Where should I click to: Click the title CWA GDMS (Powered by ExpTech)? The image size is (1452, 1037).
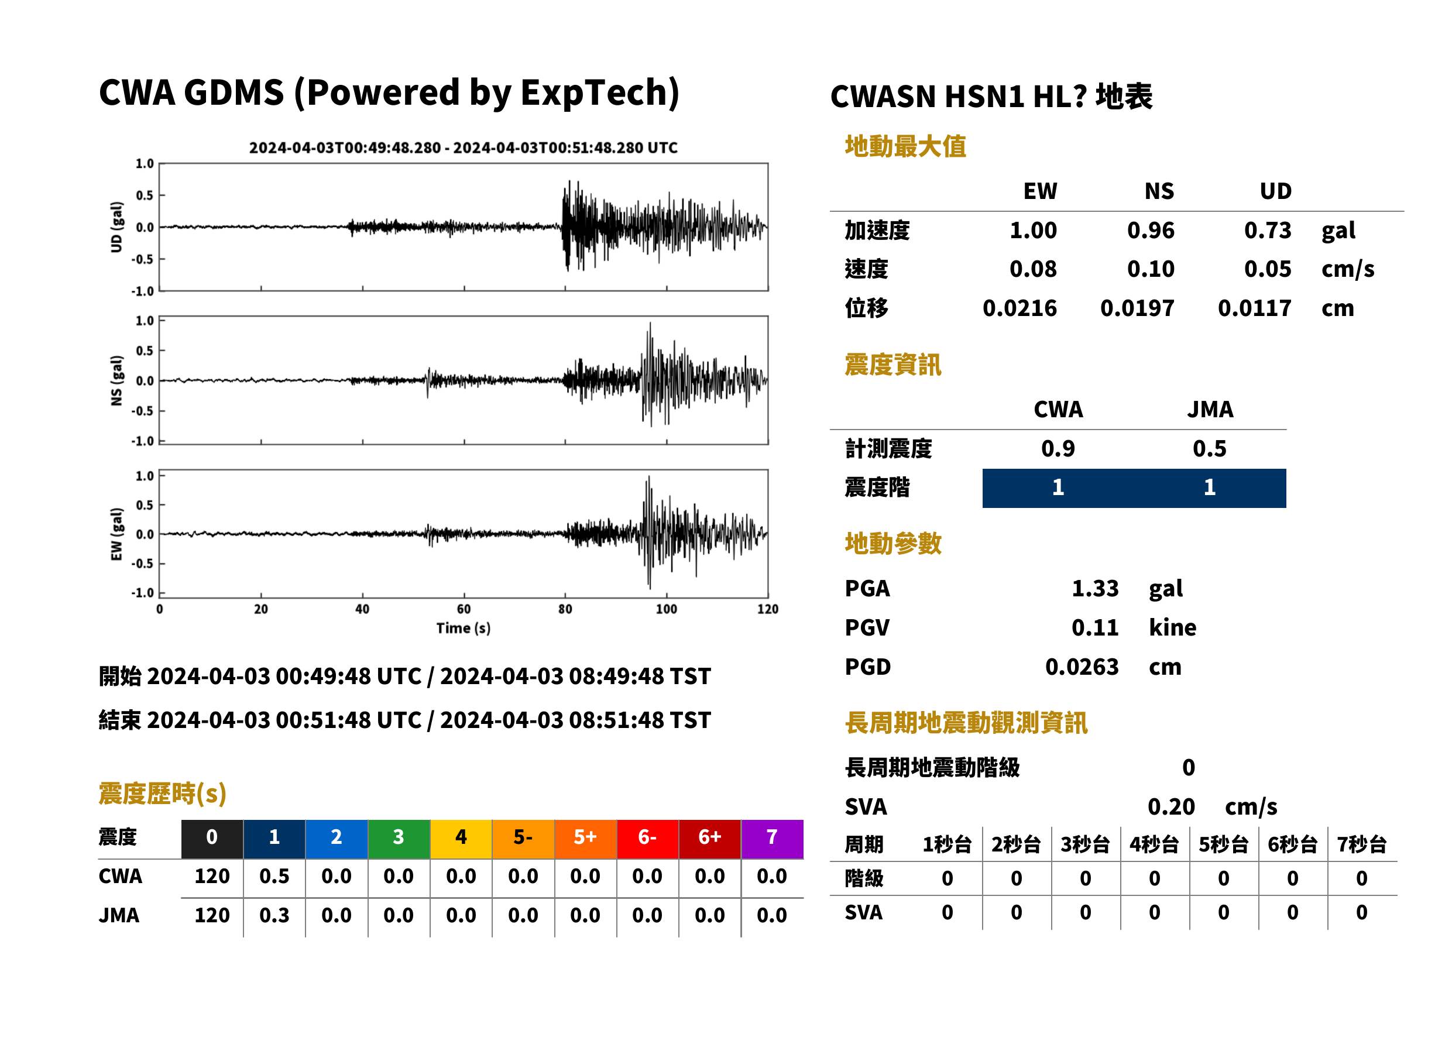(389, 93)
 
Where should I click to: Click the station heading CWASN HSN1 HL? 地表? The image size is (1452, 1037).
(991, 97)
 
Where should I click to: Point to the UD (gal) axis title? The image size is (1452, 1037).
(116, 227)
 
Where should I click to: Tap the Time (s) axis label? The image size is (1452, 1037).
(464, 629)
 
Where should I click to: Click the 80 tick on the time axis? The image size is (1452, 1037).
(565, 609)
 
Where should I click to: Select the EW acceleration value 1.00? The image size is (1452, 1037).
(1032, 231)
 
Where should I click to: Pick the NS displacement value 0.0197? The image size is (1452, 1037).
(1137, 308)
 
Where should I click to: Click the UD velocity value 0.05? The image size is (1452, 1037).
(1268, 269)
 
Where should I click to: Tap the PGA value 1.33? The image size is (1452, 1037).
(1095, 588)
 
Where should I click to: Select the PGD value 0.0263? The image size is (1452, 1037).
(1082, 667)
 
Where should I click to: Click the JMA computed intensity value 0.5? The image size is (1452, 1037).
(1209, 449)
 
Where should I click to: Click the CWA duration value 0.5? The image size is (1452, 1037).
(274, 877)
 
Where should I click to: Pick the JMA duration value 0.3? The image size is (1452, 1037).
(274, 916)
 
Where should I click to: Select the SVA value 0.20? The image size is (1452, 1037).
(1171, 807)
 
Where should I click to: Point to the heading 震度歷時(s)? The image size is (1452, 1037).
(163, 794)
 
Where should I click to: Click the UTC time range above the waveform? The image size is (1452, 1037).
(463, 148)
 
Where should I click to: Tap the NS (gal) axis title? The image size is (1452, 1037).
(116, 380)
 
